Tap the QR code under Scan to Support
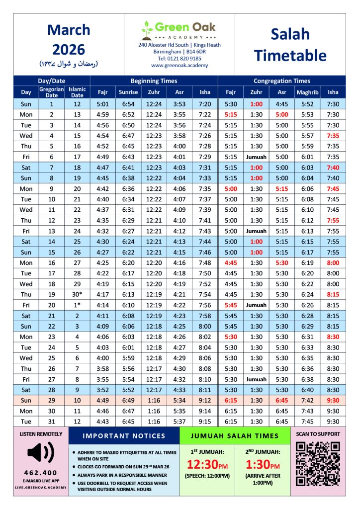click(318, 464)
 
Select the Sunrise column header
click(129, 92)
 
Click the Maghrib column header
click(307, 92)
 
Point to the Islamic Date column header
click(77, 92)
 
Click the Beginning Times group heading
click(154, 81)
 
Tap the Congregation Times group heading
click(281, 81)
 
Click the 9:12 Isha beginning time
click(205, 400)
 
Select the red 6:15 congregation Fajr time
click(231, 400)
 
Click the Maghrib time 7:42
click(307, 400)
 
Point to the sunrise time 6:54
click(129, 104)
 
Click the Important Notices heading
click(124, 436)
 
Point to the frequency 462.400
click(41, 473)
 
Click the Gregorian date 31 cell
click(51, 421)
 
